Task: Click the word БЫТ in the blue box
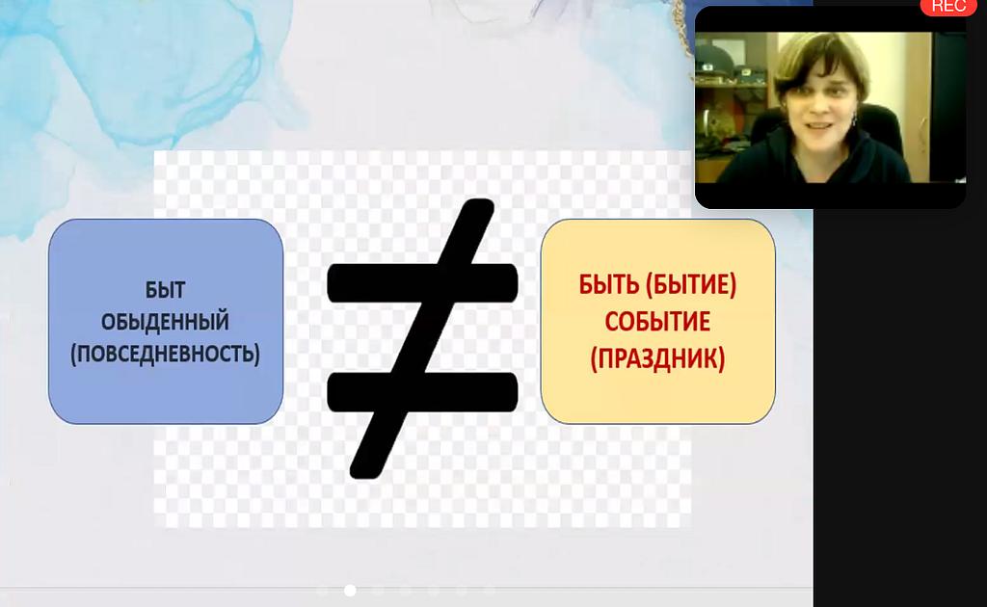coord(165,290)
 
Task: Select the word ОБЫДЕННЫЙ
coord(165,322)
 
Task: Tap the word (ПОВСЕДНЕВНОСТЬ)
coord(165,354)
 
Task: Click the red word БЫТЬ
coord(609,284)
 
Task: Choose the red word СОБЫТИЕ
coord(657,322)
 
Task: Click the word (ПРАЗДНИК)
coord(657,358)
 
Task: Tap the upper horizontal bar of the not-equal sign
coord(422,282)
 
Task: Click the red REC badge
coord(948,7)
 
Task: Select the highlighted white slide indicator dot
coord(350,590)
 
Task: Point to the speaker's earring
coord(855,119)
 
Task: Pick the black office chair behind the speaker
coord(888,126)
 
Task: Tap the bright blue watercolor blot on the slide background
coord(139,69)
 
